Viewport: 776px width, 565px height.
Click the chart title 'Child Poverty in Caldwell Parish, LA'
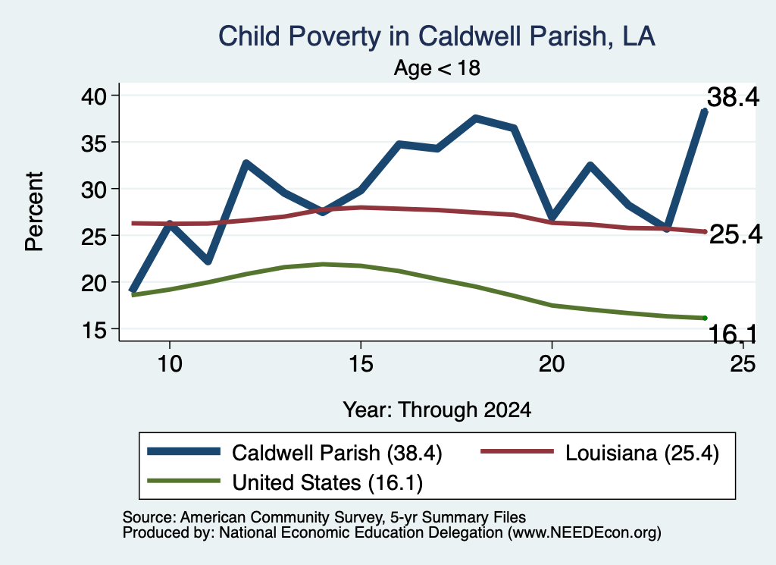pos(437,36)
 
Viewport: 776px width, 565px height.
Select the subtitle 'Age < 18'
pos(437,67)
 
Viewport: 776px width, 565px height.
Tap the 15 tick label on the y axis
pos(94,329)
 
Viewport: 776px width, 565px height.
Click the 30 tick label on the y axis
pos(94,189)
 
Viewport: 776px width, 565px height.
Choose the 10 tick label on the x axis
pos(170,364)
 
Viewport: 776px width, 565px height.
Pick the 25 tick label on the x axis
pos(743,364)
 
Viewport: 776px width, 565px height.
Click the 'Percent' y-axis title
pos(34,212)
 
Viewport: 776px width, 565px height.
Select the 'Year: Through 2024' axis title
pos(437,410)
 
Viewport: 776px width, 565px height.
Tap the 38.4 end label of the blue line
pos(733,97)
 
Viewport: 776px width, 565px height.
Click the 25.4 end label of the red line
pos(736,234)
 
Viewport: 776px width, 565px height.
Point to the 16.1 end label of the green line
pos(733,334)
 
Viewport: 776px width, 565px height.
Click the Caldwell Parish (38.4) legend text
pos(337,453)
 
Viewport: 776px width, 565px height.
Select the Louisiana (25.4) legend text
pos(642,453)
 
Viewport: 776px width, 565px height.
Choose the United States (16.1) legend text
pos(327,483)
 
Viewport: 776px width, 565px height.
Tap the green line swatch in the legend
pos(183,481)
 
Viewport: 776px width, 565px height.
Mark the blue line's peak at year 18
pos(475,118)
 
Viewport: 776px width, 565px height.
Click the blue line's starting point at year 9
pos(132,290)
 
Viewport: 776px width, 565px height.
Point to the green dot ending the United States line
pos(705,318)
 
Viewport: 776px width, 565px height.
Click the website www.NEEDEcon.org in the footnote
pos(584,533)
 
